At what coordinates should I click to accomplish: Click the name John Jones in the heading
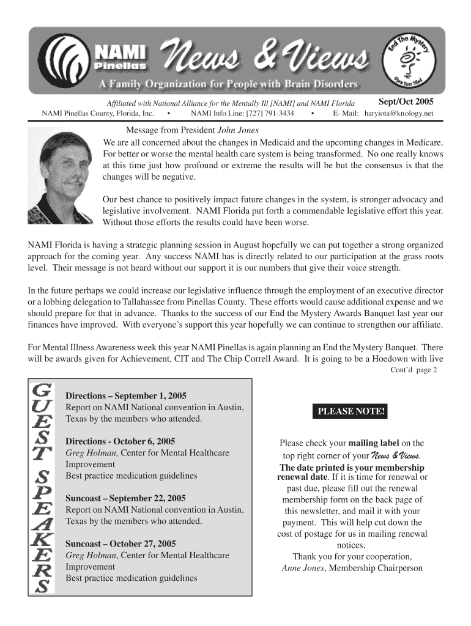pos(239,130)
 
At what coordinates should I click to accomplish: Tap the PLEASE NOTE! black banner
pos(351,411)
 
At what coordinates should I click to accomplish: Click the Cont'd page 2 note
pos(414,370)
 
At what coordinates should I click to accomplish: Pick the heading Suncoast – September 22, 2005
pos(126,498)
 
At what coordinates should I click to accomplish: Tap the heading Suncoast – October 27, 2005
pos(121,543)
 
